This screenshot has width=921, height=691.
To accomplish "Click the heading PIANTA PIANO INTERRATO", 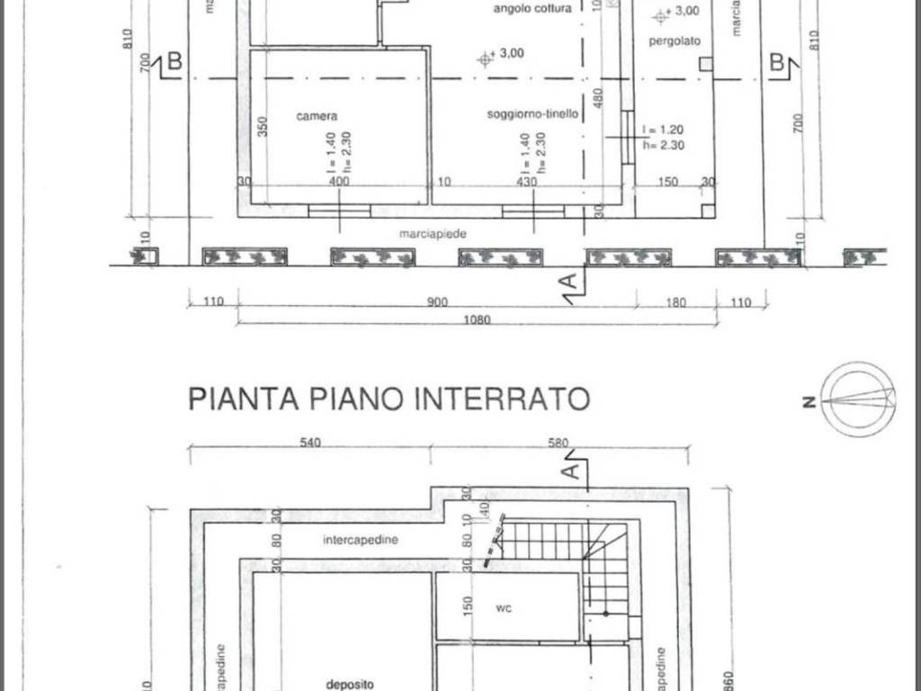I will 389,398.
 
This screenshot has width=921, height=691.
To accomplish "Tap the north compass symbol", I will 858,399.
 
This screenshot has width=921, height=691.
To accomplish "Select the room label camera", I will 317,116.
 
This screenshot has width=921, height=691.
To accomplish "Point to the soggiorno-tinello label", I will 532,114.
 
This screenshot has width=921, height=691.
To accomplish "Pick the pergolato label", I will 678,41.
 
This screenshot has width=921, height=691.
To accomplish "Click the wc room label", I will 504,608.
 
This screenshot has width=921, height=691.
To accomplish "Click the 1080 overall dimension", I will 478,320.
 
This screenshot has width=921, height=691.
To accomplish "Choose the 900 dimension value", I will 437,303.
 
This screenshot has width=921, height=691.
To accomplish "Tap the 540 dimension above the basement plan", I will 311,442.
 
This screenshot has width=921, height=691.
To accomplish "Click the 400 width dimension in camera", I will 339,182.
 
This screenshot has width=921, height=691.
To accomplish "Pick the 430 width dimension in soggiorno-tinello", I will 527,182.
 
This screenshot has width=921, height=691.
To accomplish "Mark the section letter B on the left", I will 174,61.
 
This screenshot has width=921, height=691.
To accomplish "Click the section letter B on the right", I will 777,61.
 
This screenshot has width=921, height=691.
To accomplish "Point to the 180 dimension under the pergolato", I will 676,303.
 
